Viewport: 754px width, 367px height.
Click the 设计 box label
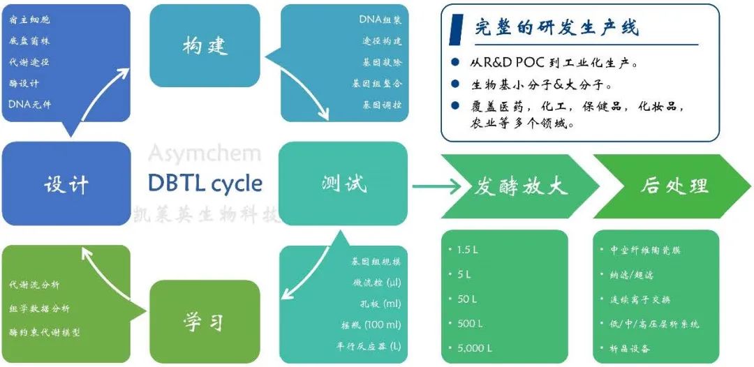pos(66,184)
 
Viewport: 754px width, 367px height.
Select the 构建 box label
pos(205,47)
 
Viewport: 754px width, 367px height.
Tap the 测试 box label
pos(344,184)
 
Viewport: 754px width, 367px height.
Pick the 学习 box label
pos(204,322)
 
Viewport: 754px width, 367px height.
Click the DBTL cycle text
pos(205,183)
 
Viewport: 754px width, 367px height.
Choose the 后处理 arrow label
pos(674,186)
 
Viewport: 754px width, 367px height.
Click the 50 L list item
pos(466,299)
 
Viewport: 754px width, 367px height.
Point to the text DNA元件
pos(30,104)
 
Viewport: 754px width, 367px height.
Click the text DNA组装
pos(380,20)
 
